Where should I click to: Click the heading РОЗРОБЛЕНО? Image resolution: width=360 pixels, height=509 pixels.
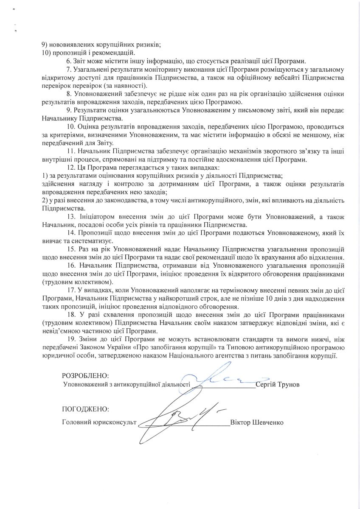coord(85,376)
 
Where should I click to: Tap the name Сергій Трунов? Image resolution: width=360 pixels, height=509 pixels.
coord(278,384)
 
